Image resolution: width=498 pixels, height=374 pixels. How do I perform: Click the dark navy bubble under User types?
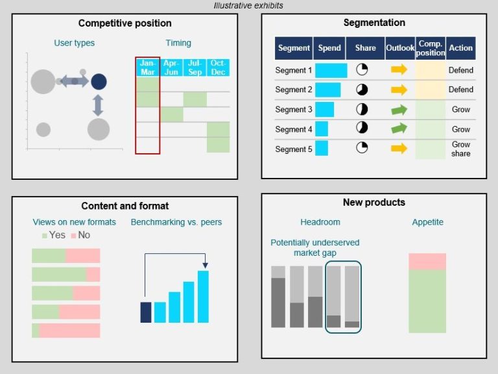click(99, 81)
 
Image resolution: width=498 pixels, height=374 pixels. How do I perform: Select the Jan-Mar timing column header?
click(148, 67)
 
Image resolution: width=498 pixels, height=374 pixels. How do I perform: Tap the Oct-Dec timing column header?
click(218, 67)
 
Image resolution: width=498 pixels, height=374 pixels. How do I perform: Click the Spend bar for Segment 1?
click(331, 70)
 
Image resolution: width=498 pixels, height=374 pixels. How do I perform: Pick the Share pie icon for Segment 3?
click(362, 109)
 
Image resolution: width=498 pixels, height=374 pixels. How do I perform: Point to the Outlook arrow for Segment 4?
click(399, 129)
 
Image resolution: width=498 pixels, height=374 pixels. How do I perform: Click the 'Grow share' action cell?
click(461, 149)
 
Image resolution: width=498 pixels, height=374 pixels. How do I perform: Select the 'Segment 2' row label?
click(294, 90)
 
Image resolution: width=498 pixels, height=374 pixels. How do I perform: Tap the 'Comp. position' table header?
click(431, 48)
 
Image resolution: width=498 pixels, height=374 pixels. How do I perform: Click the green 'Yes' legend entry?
click(53, 235)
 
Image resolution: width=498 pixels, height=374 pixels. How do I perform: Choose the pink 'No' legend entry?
click(80, 235)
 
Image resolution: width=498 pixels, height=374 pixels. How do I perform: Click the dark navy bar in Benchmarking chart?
click(146, 312)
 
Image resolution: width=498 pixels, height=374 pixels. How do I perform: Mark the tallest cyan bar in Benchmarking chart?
click(203, 296)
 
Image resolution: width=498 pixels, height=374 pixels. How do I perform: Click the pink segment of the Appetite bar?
click(427, 261)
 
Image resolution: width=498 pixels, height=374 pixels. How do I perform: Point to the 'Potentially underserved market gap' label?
click(314, 247)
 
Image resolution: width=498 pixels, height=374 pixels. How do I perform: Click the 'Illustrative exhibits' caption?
click(248, 6)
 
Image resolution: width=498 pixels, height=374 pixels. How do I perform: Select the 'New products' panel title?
click(373, 203)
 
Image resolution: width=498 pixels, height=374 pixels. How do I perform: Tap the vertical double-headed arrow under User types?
click(98, 105)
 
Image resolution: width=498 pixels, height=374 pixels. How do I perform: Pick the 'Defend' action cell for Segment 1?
click(461, 70)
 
